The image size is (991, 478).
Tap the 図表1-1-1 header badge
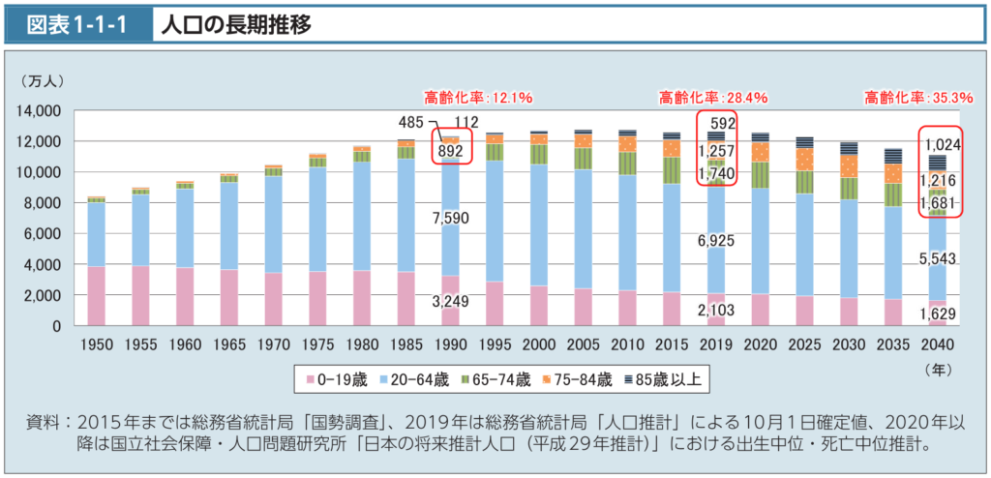click(80, 25)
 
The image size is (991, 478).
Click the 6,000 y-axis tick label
click(45, 234)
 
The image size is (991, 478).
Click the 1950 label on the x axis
click(97, 344)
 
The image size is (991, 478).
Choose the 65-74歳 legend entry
click(497, 379)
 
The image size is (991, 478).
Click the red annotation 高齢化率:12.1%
click(478, 97)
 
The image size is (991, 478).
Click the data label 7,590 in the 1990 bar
click(451, 219)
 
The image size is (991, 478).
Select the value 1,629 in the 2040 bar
click(937, 312)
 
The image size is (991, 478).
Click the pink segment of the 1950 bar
click(97, 296)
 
